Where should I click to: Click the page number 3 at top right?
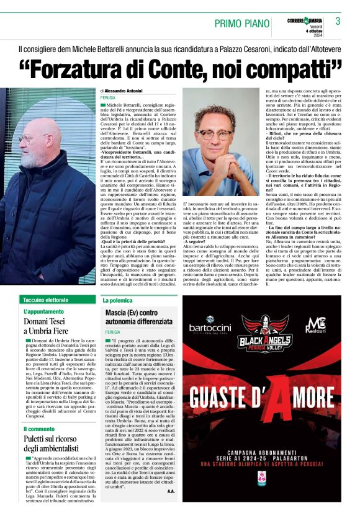coord(338,21)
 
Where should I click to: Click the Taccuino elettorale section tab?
coord(46,300)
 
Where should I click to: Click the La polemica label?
coord(118,300)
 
